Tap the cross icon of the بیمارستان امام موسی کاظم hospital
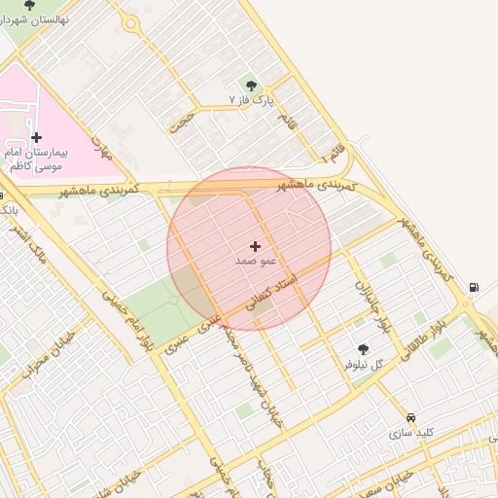[x=37, y=138]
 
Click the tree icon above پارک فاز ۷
[x=252, y=86]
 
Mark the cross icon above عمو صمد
[x=256, y=247]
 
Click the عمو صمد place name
[x=256, y=262]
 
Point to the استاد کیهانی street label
[x=272, y=292]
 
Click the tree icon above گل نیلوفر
[x=364, y=349]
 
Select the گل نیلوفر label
[x=364, y=364]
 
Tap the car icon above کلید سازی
[x=410, y=417]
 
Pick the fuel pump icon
[x=474, y=287]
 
